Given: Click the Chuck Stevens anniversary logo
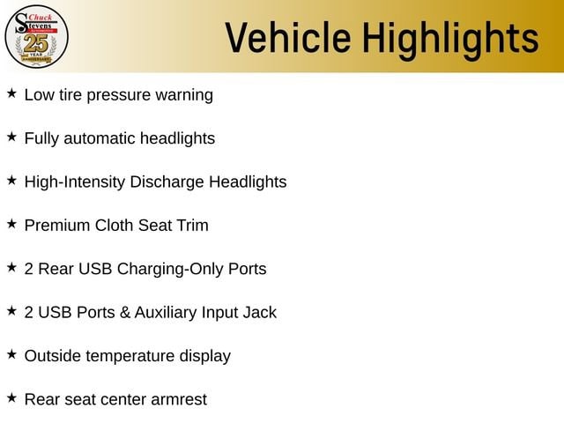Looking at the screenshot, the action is (36, 37).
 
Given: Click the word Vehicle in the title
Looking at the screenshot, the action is (288, 38).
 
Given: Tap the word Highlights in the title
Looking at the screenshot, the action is (450, 40).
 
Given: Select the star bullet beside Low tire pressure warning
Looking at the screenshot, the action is (11, 93).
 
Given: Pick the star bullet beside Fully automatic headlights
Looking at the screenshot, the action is (11, 137).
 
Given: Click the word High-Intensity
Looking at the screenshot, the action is (74, 182).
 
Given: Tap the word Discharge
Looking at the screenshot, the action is (167, 182).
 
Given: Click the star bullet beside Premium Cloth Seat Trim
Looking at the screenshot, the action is (11, 224).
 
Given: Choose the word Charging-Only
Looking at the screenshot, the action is (170, 269).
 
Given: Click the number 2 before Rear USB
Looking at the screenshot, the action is (29, 269).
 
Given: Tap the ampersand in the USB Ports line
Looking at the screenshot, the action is (125, 312).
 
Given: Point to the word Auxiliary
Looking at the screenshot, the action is (166, 312).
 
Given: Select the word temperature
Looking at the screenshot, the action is (130, 356).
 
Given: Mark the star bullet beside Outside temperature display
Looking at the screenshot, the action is (11, 354).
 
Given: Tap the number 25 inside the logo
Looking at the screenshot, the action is (35, 43).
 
